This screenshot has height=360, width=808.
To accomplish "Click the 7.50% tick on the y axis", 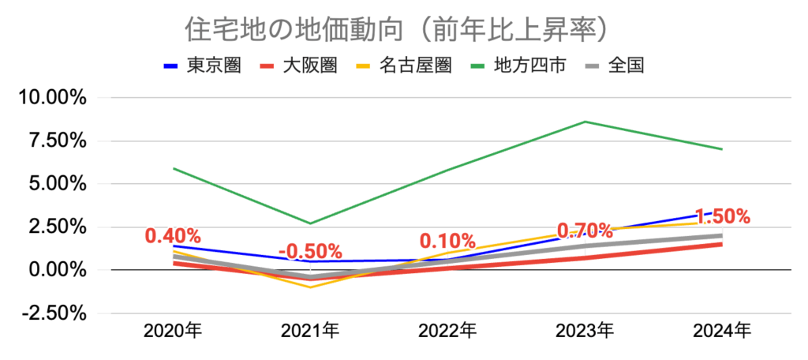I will click(54, 141).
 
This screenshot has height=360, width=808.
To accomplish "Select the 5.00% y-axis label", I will click(54, 184).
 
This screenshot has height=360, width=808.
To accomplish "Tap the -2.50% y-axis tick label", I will click(51, 313).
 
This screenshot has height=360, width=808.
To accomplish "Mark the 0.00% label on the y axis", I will click(54, 270).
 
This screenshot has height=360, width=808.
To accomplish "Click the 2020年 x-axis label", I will click(173, 331).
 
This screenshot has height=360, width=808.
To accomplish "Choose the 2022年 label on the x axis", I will click(447, 331).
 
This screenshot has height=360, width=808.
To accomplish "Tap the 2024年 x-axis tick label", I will click(722, 331).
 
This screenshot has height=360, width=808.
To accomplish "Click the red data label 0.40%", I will click(173, 236).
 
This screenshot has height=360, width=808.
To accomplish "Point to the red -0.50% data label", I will click(310, 252).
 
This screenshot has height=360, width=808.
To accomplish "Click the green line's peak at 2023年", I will click(585, 122).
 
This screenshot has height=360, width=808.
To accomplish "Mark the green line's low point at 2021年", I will click(310, 223).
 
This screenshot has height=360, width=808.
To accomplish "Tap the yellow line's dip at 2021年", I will click(310, 287).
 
